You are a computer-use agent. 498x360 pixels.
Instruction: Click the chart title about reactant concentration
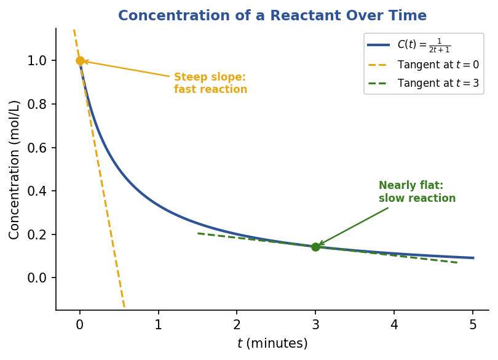coord(272,16)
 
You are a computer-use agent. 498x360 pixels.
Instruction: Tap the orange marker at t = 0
coord(80,60)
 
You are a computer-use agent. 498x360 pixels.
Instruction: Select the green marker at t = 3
coord(315,247)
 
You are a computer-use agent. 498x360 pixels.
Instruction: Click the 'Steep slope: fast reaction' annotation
coord(210,83)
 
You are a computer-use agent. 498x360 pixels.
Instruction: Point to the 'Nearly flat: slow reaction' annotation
coord(417,192)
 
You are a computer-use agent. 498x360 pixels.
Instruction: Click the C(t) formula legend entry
coord(424,45)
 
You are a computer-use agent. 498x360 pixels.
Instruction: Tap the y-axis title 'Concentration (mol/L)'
coord(14,169)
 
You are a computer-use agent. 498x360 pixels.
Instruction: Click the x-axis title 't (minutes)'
coord(272,343)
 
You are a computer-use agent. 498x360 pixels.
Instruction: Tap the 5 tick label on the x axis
coord(472,325)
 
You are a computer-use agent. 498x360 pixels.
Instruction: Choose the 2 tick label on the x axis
coord(237,325)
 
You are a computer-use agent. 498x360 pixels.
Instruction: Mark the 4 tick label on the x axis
coord(394,325)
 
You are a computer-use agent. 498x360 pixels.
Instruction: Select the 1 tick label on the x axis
coord(158,325)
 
